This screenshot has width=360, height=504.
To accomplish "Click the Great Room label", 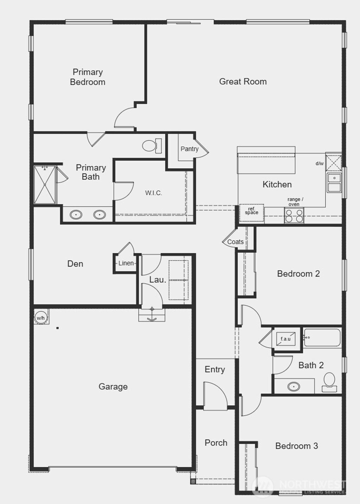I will coord(243,82).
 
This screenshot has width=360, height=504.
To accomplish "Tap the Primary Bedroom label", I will coord(88,77).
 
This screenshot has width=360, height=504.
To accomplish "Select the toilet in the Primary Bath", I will coord(152,146).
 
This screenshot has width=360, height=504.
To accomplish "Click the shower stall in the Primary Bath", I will coord(45,185).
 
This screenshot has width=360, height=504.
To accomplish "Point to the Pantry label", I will coord(189,149).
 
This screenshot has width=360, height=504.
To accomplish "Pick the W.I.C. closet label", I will coord(154,193).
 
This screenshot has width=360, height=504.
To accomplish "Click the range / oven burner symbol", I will coord(294,215).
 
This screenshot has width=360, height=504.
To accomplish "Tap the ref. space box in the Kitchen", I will coord(251,212).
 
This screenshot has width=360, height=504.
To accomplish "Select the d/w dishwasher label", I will coord(319,163).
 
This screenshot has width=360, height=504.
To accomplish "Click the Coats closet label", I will coord(235,242).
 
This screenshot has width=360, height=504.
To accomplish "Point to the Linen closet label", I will coord(126,263).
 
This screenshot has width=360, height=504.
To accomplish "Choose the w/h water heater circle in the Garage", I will coord(41,318).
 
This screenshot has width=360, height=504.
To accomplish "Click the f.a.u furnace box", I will coord(285,339).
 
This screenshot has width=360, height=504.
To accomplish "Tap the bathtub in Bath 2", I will coord(322,338).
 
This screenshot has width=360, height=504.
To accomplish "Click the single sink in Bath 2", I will coord(294,387).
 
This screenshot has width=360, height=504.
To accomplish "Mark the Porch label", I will coord(216,443).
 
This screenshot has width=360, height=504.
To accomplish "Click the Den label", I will coord(75,264).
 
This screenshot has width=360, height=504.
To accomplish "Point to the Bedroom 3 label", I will coord(296,446).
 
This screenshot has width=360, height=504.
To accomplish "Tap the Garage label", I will coord(113,387).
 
